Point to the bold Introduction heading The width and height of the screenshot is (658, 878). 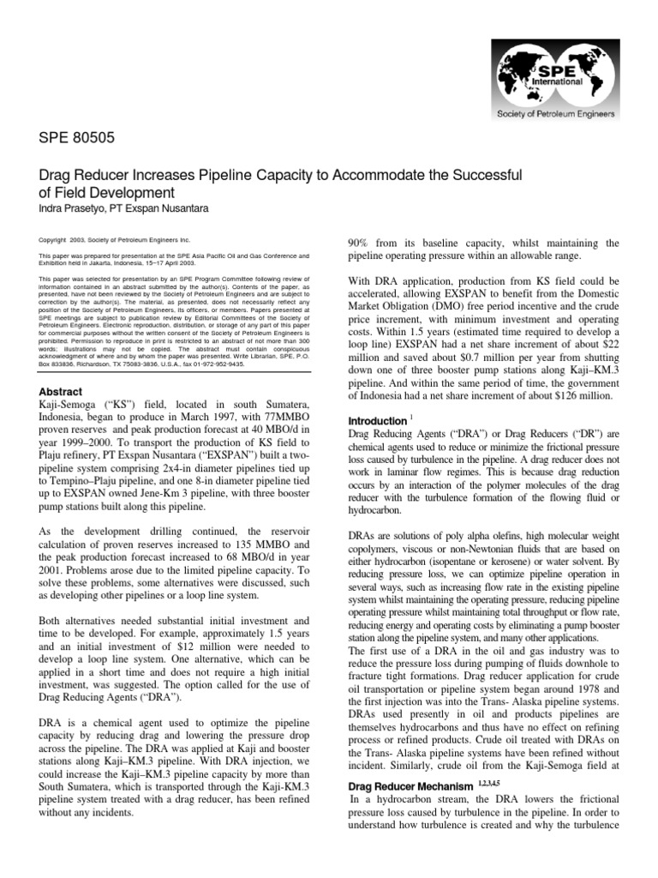click(376, 421)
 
